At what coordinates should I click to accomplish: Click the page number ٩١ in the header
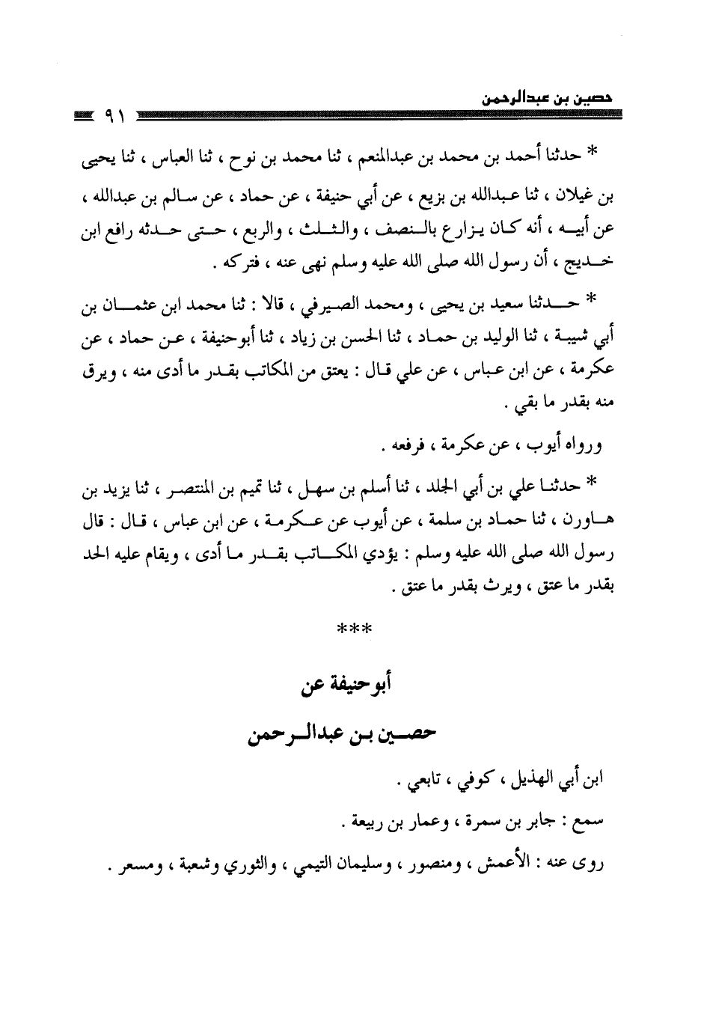113,117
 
